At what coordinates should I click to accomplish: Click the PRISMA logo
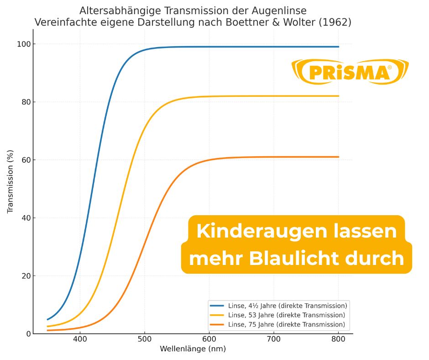[350, 72]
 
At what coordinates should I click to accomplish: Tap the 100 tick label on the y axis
[23, 44]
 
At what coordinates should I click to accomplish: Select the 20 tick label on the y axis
[25, 276]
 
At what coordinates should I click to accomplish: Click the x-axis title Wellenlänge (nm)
[193, 349]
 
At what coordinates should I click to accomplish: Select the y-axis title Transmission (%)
[10, 181]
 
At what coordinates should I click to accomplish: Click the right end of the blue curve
[338, 47]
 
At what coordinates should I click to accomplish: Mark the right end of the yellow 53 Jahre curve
[338, 96]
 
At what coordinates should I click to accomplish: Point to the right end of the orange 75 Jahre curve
[338, 157]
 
